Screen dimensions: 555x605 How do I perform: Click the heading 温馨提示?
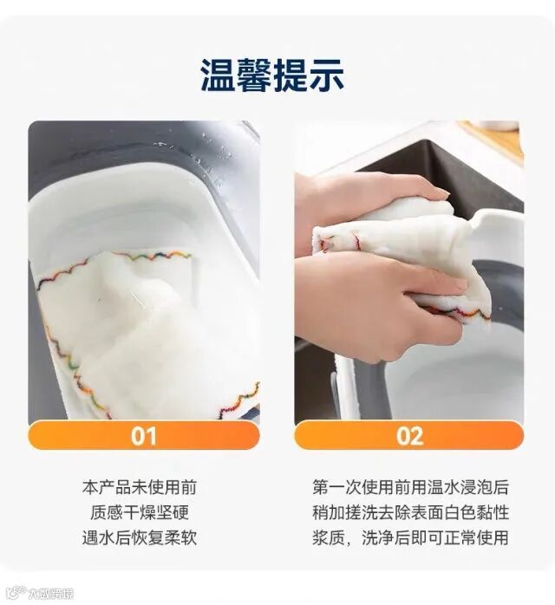(x=272, y=75)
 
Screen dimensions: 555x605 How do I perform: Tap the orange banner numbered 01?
(x=144, y=435)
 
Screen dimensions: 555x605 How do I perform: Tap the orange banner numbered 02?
(x=409, y=435)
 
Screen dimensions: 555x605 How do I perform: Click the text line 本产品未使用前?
(x=140, y=487)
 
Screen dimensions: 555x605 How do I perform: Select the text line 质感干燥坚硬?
(x=140, y=512)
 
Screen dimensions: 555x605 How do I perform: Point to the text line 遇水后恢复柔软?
(x=140, y=537)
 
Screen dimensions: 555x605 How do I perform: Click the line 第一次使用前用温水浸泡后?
(x=411, y=487)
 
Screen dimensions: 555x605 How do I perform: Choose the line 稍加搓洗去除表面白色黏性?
(x=411, y=512)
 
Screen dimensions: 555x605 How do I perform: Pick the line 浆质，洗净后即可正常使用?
(x=411, y=537)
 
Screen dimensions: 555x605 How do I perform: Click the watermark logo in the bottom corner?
(x=39, y=592)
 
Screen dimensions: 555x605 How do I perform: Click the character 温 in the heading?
(x=218, y=75)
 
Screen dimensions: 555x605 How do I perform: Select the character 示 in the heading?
(x=327, y=75)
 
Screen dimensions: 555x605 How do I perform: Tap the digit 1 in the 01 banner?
(x=151, y=436)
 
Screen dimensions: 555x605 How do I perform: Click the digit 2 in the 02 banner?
(x=417, y=436)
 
